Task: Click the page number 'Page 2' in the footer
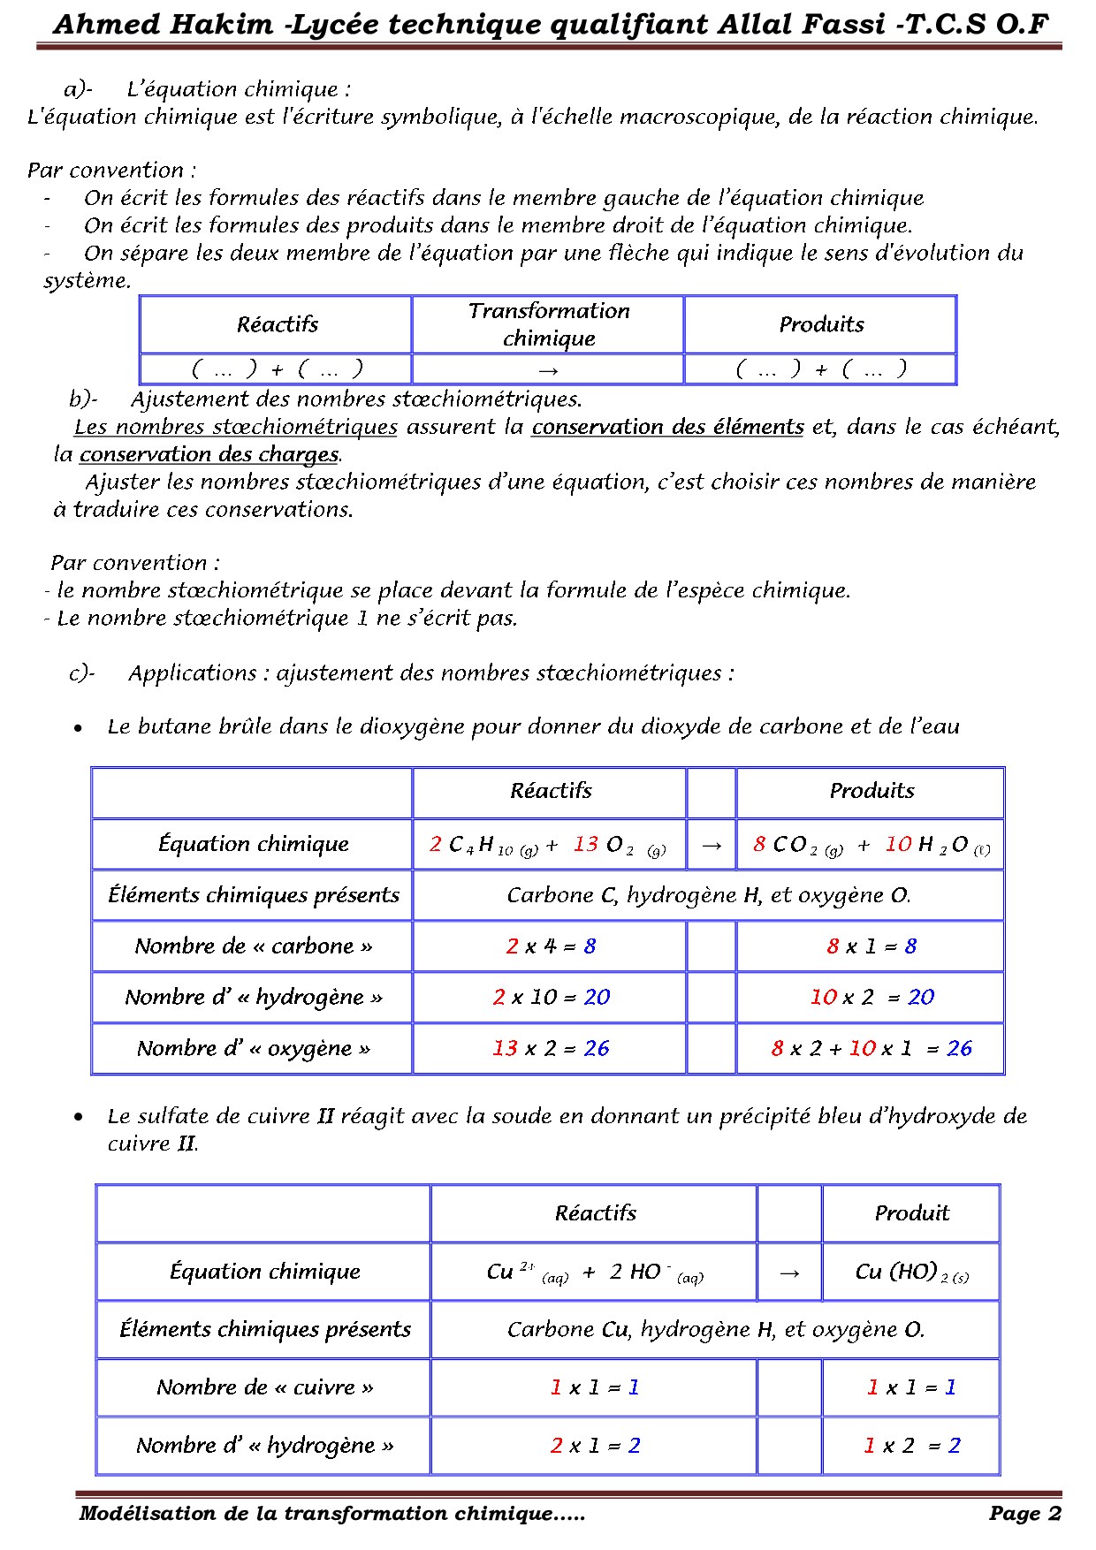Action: [1024, 1513]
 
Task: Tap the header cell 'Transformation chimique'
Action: [548, 324]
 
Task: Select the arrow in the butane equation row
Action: [711, 845]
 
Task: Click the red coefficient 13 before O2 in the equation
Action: [585, 844]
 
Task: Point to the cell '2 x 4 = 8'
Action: [551, 946]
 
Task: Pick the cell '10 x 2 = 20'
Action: [871, 998]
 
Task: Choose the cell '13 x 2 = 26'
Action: [551, 1049]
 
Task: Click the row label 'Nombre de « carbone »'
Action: [253, 946]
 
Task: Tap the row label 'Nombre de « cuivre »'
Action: [264, 1387]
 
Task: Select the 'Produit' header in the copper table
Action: [911, 1213]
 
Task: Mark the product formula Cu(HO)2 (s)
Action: [911, 1273]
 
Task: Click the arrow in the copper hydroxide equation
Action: [789, 1273]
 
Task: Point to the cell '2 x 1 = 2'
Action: [595, 1446]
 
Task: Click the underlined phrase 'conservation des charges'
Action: [209, 454]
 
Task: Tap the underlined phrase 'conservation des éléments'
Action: [667, 427]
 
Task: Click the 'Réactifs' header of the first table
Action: [277, 324]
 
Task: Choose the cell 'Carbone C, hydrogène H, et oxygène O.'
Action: [708, 895]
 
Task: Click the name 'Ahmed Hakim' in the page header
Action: [164, 24]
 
